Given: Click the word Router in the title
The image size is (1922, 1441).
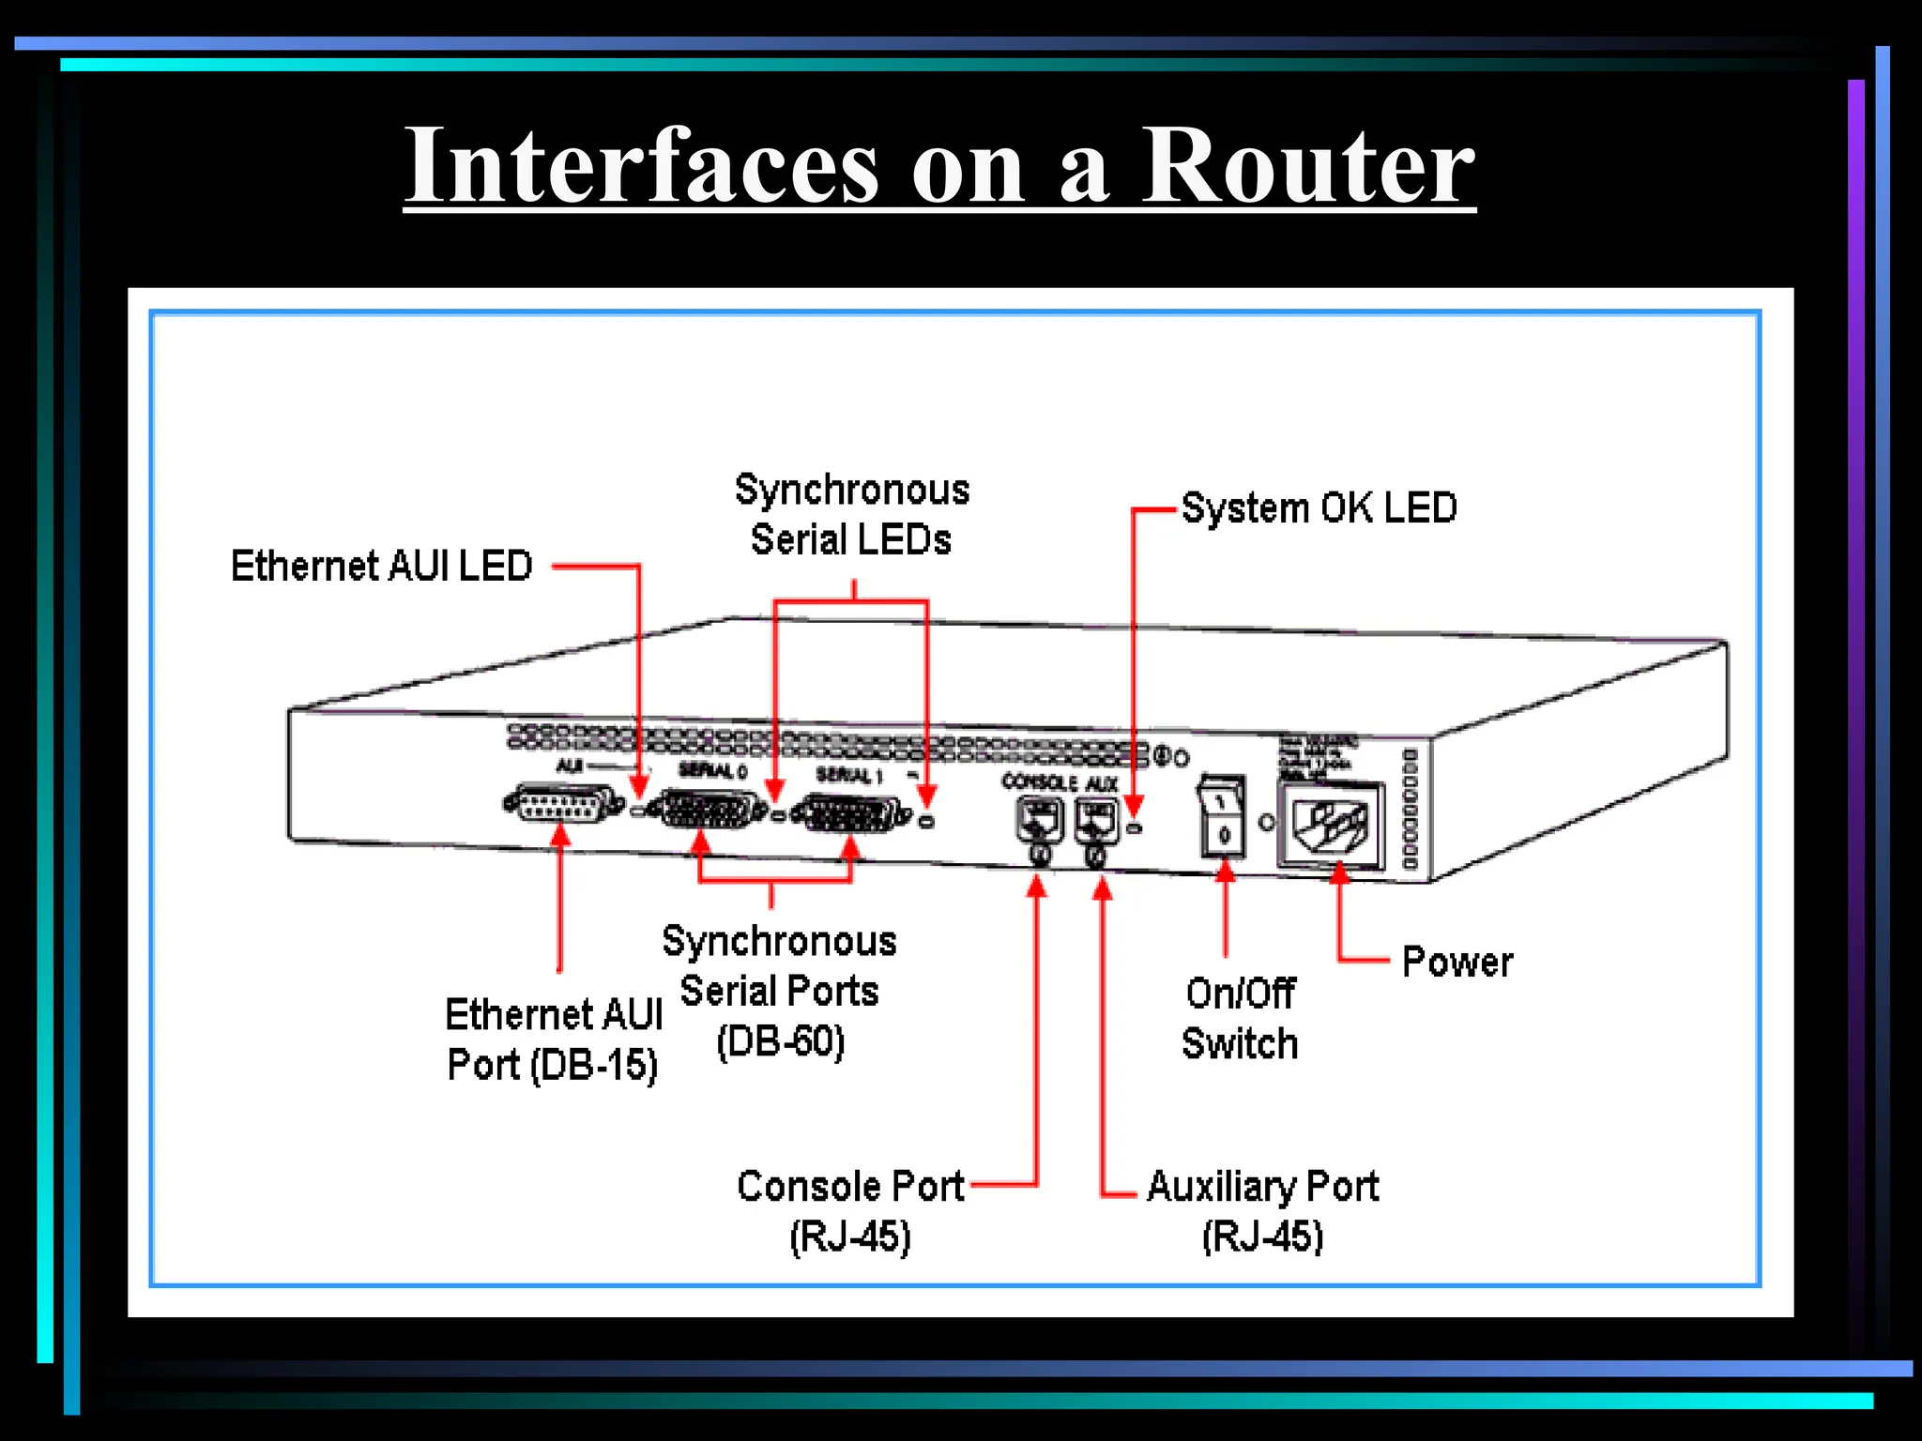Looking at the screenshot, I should pos(1307,166).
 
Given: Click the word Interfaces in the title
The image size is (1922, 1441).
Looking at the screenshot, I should pos(642,166).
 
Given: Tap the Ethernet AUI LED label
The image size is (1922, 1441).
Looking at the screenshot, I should pos(381,567).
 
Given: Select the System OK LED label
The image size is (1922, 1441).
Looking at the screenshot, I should pos(1318,508).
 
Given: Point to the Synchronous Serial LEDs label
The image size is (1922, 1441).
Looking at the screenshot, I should pos(851,515).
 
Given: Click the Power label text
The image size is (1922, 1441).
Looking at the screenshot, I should pos(1457,963).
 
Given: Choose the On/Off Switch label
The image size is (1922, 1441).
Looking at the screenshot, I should pos(1240,1018).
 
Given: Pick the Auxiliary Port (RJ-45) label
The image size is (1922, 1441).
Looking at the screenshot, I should pos(1262,1211).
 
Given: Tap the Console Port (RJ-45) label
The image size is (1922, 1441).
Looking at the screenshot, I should pos(850,1211).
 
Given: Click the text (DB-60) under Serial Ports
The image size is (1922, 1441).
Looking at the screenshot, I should pos(781,1041).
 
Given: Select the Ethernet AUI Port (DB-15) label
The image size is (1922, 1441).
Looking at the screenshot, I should pos(554,1039).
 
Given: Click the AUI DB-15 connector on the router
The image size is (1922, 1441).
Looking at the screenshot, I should pos(564,805).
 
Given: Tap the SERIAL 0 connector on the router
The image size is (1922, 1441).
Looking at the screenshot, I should pos(710,810).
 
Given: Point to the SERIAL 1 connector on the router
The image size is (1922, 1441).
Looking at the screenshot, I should pos(850,813).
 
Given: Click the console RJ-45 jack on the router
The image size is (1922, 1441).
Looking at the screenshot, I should pos(1039,821).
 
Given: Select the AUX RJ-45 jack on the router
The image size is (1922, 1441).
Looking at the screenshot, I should pos(1095,821).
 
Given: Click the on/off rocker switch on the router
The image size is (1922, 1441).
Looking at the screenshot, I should pos(1223,816).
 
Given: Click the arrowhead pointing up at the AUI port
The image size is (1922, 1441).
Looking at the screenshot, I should pos(560,835).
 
